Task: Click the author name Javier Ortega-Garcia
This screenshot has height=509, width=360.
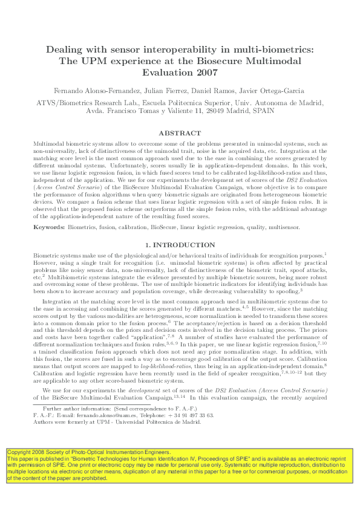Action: pyautogui.click(x=275, y=91)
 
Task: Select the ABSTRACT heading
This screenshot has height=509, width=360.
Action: pyautogui.click(x=180, y=133)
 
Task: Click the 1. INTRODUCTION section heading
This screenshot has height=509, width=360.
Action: pyautogui.click(x=180, y=245)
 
